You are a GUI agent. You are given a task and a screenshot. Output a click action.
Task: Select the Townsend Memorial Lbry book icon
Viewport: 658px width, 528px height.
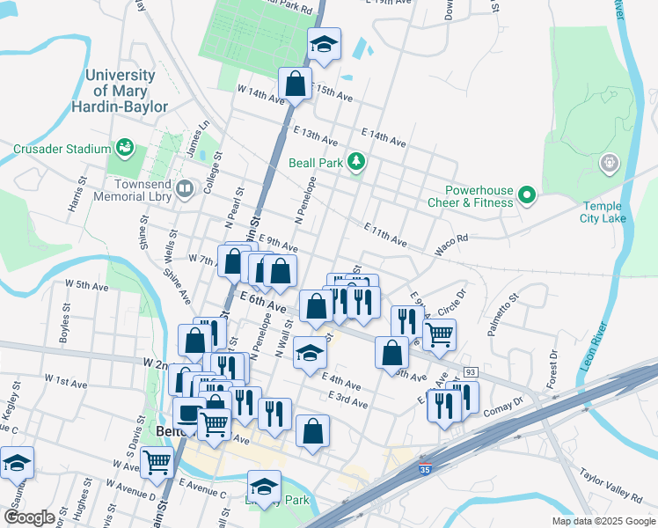185,187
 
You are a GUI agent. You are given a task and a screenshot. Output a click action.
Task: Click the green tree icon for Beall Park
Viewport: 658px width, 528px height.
355,161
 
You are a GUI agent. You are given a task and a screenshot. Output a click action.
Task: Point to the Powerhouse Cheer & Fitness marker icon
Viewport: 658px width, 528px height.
527,194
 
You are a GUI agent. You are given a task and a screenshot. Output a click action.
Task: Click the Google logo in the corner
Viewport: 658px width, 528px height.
29,517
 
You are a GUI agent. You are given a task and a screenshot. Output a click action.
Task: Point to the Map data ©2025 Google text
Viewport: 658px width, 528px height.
603,521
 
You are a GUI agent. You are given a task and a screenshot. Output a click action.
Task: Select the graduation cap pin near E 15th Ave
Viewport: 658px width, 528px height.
324,45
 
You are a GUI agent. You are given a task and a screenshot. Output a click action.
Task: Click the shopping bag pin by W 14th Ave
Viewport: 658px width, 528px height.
296,84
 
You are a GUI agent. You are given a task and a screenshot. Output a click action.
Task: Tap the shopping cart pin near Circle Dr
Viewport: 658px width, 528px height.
439,333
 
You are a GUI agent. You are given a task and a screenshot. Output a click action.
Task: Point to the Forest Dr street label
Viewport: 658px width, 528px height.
551,370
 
